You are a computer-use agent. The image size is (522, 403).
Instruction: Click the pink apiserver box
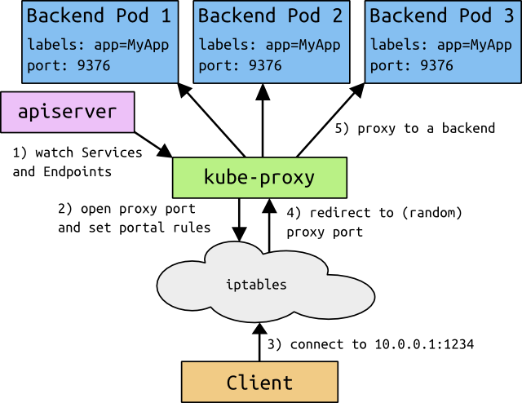pyautogui.click(x=67, y=112)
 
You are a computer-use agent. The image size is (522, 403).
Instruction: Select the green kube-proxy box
pyautogui.click(x=259, y=178)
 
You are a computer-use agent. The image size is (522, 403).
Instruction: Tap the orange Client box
pyautogui.click(x=259, y=382)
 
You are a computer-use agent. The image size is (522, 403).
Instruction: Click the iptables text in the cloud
pyautogui.click(x=256, y=285)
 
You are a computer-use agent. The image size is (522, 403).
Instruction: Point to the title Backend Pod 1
pyautogui.click(x=99, y=15)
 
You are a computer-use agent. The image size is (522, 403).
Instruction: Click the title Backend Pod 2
pyautogui.click(x=270, y=15)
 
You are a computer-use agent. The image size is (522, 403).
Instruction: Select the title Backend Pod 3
pyautogui.click(x=441, y=15)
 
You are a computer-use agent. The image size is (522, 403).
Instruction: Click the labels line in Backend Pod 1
pyautogui.click(x=99, y=46)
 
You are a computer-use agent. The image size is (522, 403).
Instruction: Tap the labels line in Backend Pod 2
pyautogui.click(x=270, y=46)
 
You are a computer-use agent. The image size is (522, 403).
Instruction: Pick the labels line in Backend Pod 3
pyautogui.click(x=441, y=46)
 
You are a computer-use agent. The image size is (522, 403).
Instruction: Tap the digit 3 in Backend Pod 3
pyautogui.click(x=508, y=15)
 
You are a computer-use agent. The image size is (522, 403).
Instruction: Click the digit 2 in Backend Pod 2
pyautogui.click(x=336, y=15)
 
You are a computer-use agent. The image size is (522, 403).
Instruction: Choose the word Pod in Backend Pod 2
pyautogui.click(x=300, y=15)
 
